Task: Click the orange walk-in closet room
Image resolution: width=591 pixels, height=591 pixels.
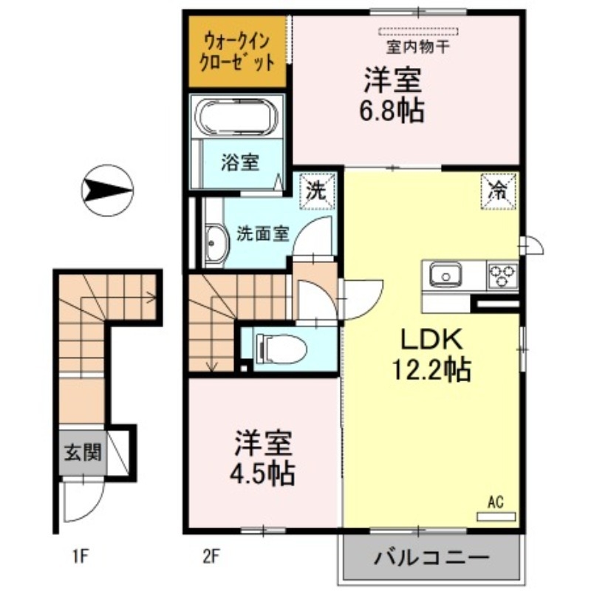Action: tap(238, 51)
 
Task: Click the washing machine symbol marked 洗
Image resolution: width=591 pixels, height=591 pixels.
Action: tap(317, 191)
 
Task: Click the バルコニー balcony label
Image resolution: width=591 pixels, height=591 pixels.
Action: tap(431, 556)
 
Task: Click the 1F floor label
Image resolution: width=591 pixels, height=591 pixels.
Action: tap(81, 556)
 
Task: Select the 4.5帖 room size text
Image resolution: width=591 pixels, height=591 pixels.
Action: tap(264, 473)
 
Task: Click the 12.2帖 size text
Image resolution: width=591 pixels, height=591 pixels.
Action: tap(431, 369)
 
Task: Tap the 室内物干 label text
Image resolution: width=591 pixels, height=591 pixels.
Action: tap(418, 48)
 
